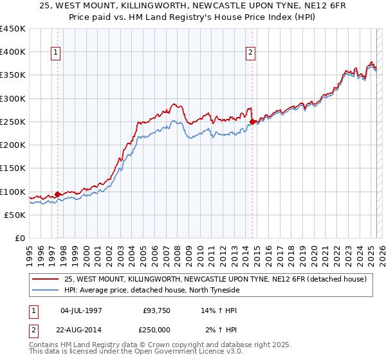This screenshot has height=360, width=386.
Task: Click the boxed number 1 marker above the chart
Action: click(x=57, y=53)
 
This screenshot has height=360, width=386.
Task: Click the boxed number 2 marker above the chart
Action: click(x=250, y=53)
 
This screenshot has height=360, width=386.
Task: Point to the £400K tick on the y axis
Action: click(x=13, y=52)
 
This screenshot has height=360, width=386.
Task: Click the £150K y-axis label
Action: click(x=13, y=168)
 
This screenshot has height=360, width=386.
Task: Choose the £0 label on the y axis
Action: click(x=19, y=239)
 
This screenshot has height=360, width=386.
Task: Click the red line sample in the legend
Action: click(x=46, y=279)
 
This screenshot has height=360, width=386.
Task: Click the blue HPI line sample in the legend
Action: click(x=46, y=290)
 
